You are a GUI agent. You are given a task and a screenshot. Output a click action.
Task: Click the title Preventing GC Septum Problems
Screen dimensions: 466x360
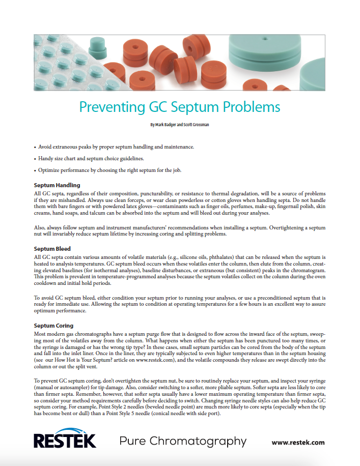click(x=180, y=107)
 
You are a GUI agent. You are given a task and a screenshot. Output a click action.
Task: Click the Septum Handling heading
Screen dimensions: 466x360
click(x=57, y=185)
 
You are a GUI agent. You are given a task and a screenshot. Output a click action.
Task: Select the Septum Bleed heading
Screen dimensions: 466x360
click(x=52, y=249)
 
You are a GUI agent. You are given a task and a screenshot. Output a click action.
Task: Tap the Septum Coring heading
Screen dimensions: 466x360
click(x=53, y=325)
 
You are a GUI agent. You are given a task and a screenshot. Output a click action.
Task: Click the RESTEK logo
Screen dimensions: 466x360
click(x=65, y=441)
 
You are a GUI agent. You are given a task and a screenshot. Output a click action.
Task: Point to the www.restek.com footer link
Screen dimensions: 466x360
click(x=298, y=442)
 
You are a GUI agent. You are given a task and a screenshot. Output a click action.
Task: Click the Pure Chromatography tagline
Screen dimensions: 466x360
click(x=183, y=441)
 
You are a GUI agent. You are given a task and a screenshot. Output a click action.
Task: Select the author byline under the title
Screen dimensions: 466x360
click(x=180, y=125)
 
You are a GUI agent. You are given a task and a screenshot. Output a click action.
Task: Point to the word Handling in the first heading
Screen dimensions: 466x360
click(x=68, y=185)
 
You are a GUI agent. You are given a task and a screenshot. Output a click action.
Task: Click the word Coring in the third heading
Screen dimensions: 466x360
click(x=65, y=325)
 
